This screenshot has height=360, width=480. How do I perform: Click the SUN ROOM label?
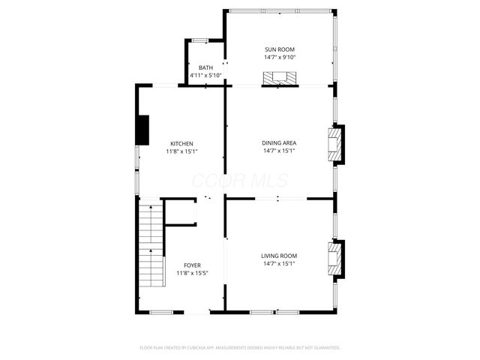tap(279, 49)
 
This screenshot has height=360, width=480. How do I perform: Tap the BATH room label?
tap(205, 67)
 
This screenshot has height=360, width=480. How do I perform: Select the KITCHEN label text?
tap(181, 143)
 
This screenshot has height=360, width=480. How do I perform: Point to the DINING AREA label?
tap(279, 142)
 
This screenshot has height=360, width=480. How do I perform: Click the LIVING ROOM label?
tap(279, 256)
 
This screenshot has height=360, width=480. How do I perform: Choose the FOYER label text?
tap(192, 265)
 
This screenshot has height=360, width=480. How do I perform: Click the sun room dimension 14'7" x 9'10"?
tap(279, 58)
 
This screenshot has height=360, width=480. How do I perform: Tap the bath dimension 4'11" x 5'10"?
tap(205, 75)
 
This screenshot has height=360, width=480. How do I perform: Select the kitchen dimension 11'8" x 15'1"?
tap(181, 151)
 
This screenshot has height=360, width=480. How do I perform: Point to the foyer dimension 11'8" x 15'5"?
tap(192, 274)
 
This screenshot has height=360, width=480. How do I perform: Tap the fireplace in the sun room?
tap(279, 78)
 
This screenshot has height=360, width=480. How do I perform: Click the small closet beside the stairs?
tap(181, 212)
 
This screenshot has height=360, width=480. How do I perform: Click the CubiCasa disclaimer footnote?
tap(240, 348)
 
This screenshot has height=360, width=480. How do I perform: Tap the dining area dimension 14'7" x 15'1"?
tap(279, 151)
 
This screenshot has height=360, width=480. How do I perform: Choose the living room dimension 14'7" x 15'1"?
tap(279, 264)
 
